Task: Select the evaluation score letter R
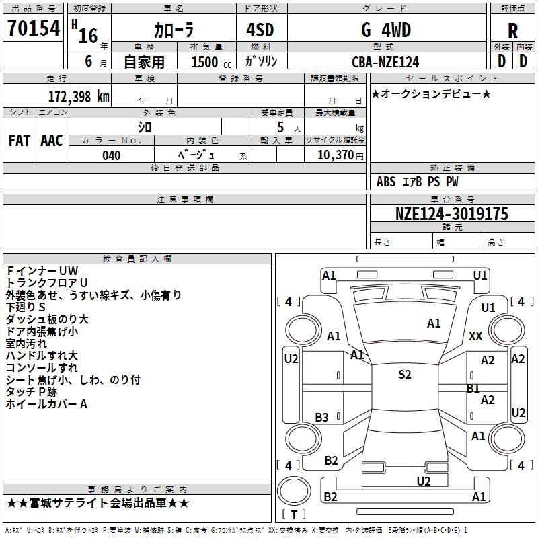point(513,31)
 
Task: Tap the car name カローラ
point(173,30)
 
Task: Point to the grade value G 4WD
point(385,30)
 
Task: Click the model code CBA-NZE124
point(385,62)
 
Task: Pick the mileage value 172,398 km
point(79,96)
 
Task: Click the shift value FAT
point(20,140)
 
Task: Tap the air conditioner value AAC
point(52,140)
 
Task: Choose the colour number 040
point(112,155)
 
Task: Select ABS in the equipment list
point(386,182)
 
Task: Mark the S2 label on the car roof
point(404,375)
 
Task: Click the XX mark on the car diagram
point(476,336)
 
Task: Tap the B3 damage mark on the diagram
point(322,418)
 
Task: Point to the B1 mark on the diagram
point(473,389)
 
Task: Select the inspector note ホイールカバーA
point(46,404)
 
